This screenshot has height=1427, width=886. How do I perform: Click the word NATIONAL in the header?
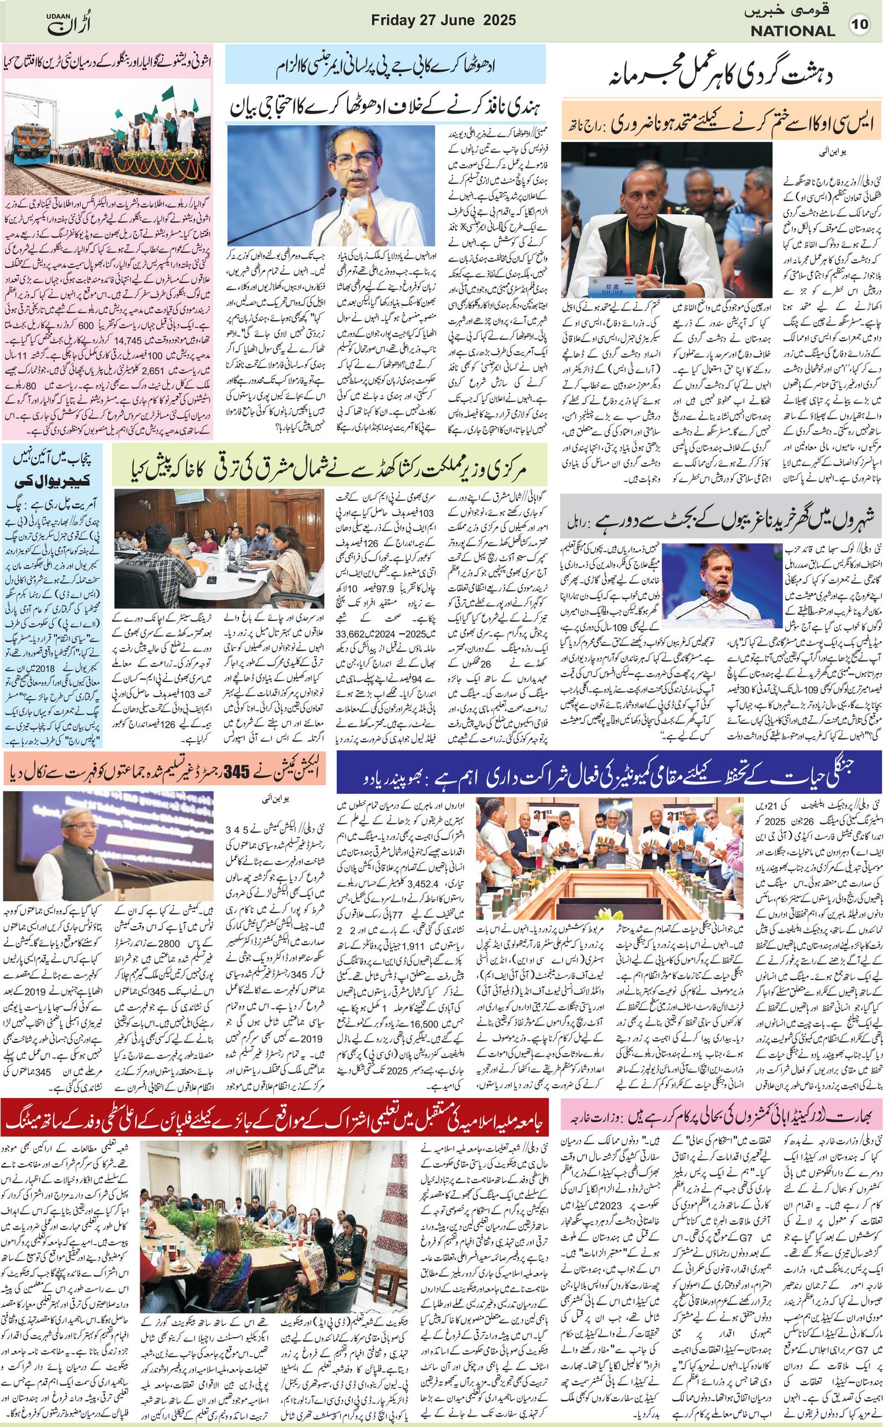792,32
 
